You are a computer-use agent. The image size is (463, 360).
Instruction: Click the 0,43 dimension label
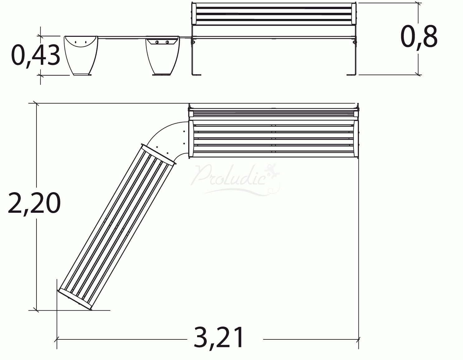coord(35,55)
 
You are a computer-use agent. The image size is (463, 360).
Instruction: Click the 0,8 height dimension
coord(419,37)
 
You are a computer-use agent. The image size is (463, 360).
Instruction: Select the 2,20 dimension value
coord(34,203)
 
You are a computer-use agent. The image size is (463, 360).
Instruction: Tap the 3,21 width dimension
coord(219,338)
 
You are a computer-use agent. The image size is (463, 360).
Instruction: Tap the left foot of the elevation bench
coord(196,74)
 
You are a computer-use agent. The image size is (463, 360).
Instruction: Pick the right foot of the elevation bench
coord(352,74)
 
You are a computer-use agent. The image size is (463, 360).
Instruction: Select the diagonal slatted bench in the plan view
coord(117,228)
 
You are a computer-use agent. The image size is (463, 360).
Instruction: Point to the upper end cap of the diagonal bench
coord(158,154)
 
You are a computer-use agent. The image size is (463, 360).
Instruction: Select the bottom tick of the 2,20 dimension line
coord(37,310)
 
